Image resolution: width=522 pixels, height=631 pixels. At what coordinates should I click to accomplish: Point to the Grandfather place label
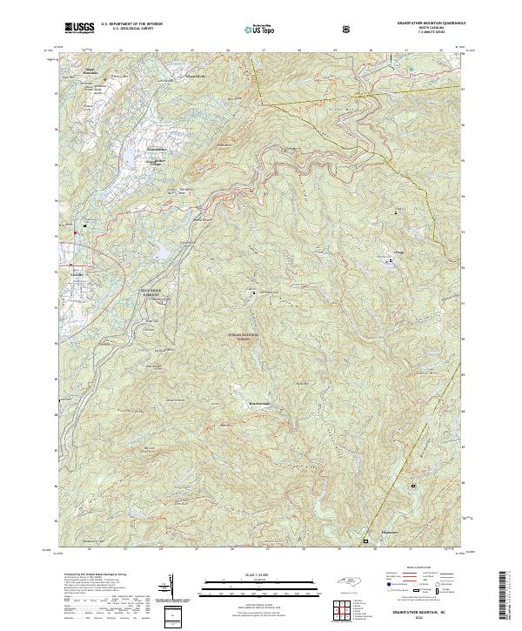(x=157, y=149)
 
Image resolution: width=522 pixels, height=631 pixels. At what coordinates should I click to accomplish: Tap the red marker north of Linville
(x=76, y=232)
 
